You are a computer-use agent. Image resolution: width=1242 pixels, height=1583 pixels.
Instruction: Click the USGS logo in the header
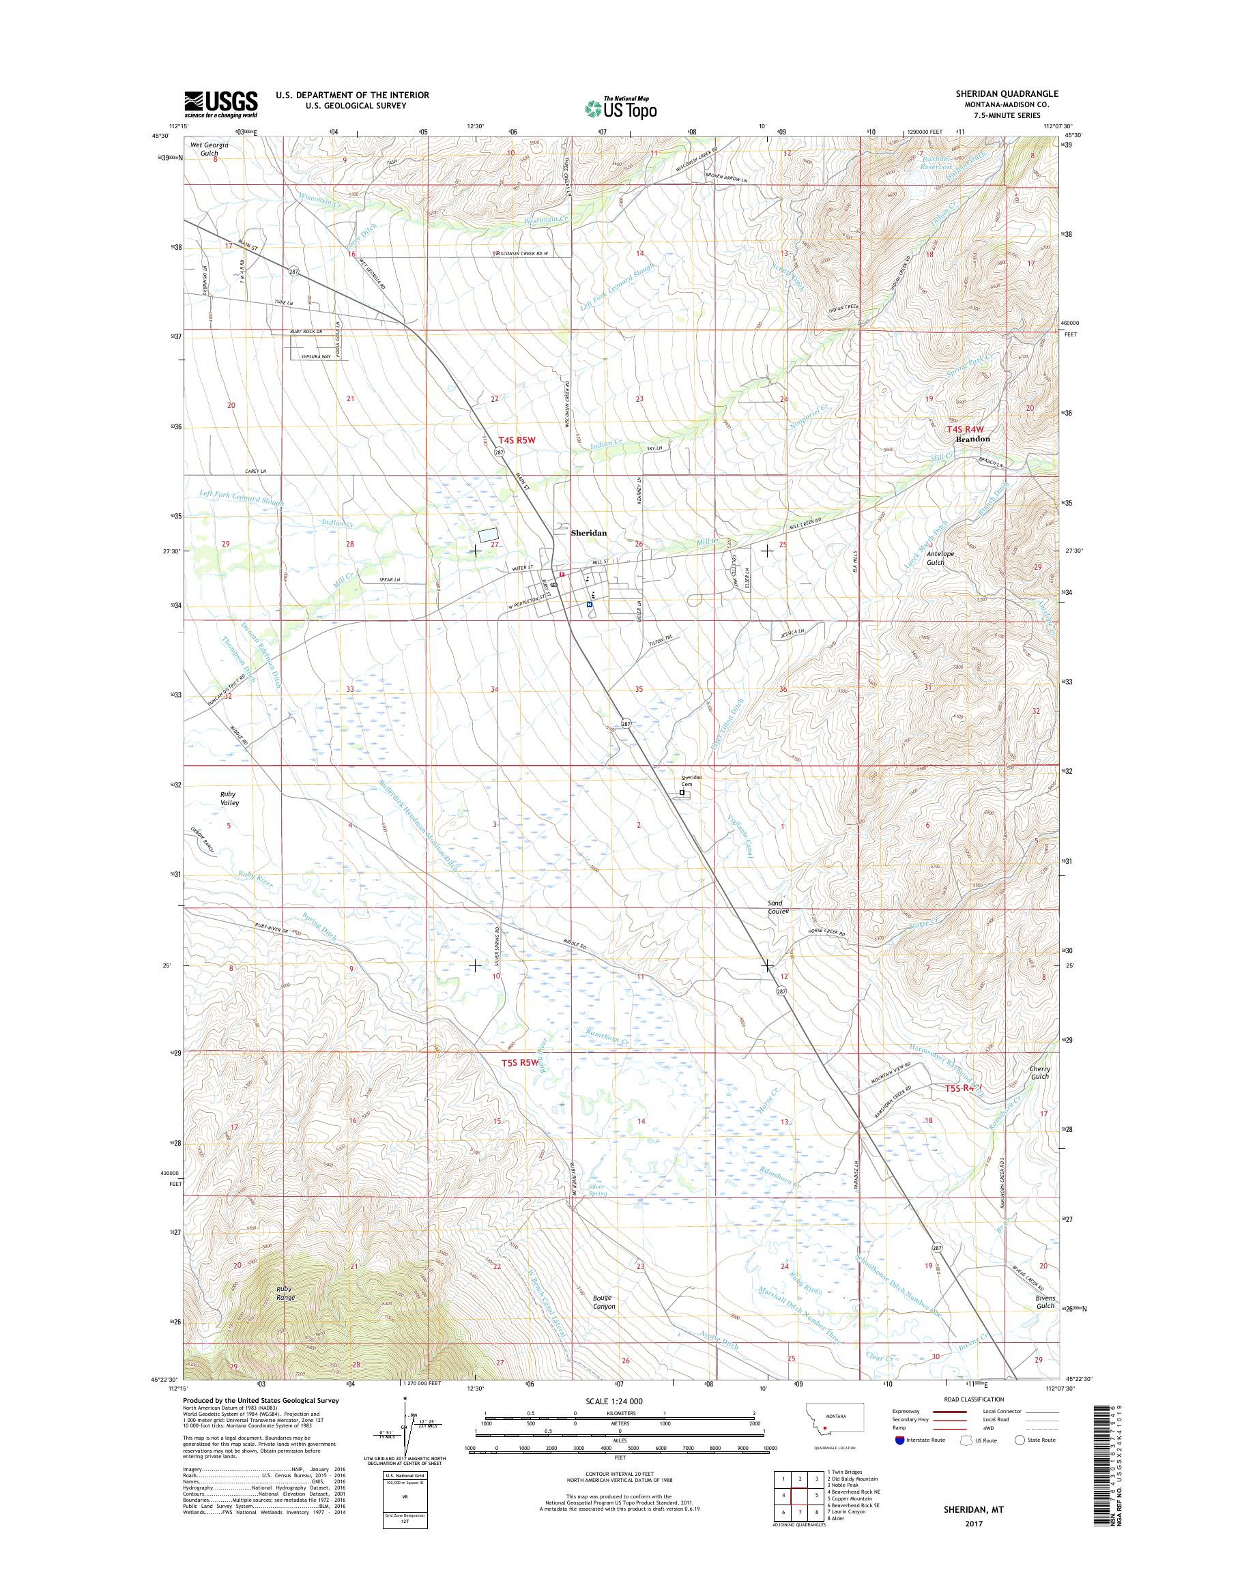coord(220,104)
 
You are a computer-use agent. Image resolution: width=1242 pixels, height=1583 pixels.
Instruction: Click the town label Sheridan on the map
coord(588,532)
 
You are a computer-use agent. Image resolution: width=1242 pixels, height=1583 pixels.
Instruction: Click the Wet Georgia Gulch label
coord(210,149)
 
